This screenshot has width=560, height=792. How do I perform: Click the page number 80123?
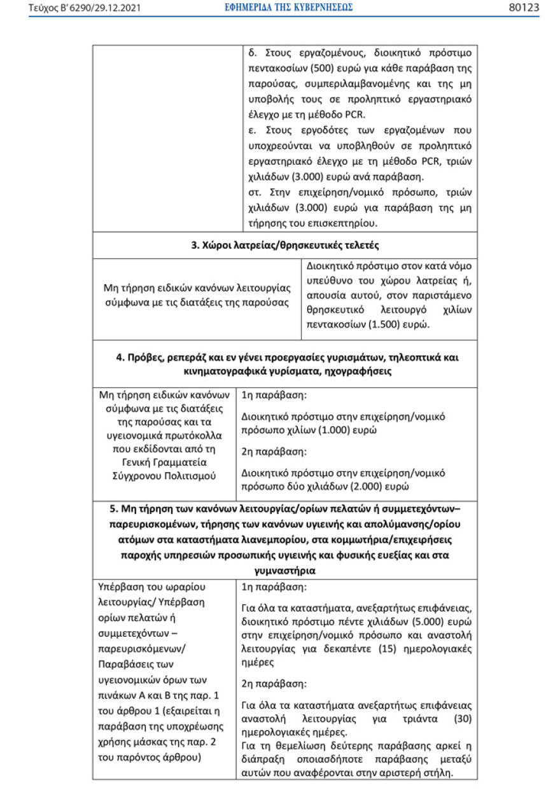point(524,8)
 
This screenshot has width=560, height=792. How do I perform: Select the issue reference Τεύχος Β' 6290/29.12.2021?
point(85,8)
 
